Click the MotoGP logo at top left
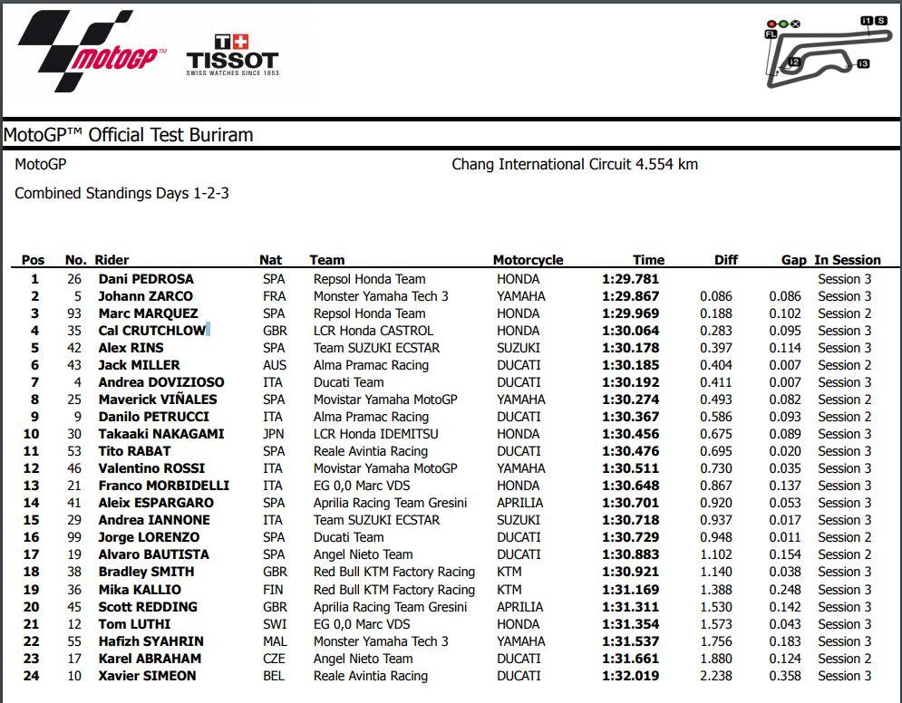point(91,52)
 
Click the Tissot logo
point(232,54)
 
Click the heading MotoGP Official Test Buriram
point(129,135)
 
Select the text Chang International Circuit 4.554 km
point(575,165)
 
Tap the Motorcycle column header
point(528,260)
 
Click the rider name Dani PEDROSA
point(146,279)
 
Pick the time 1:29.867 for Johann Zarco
point(630,296)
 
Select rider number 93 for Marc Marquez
point(74,313)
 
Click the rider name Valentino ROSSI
point(151,468)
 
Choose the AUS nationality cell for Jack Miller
point(274,365)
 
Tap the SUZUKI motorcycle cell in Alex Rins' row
point(519,348)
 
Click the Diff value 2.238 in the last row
point(716,676)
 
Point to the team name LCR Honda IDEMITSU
point(375,434)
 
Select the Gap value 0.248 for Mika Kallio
point(785,590)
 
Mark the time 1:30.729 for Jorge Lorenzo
point(630,537)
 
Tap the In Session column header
point(847,260)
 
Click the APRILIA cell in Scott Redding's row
point(520,607)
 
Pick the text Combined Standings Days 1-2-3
point(121,193)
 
